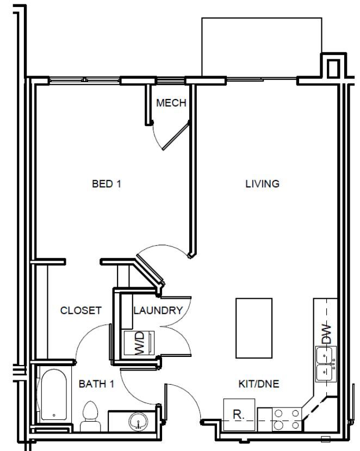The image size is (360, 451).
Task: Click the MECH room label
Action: tap(171, 103)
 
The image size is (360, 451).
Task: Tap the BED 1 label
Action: tap(106, 184)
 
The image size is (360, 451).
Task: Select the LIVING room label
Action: tap(262, 184)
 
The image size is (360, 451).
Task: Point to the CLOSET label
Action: tap(80, 311)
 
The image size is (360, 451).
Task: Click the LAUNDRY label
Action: tap(158, 311)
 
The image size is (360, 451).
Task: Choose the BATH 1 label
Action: tap(97, 384)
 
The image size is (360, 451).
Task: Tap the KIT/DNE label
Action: tap(259, 384)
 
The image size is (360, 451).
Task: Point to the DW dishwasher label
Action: tap(325, 333)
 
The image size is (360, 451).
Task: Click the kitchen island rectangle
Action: tap(253, 328)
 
